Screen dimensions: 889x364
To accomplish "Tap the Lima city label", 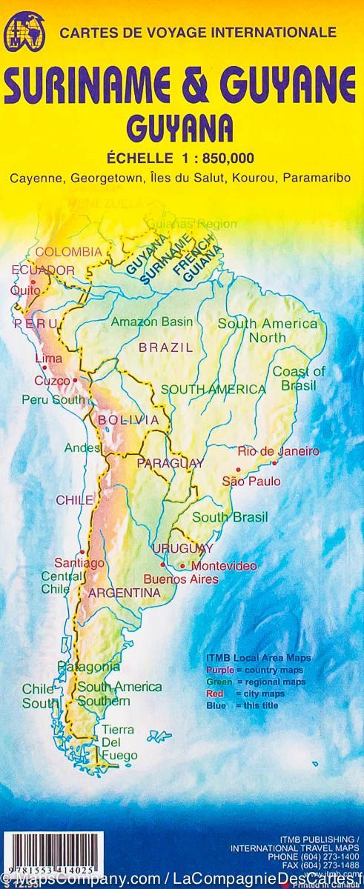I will [48, 359].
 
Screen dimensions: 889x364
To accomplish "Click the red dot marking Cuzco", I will [75, 380].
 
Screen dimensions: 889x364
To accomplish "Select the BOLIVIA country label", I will [128, 420].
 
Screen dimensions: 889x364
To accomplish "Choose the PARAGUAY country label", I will [170, 463].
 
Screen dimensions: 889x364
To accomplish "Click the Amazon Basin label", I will [152, 322].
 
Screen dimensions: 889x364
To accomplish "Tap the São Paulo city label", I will [251, 481].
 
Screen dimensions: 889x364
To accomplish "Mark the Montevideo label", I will [224, 566].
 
